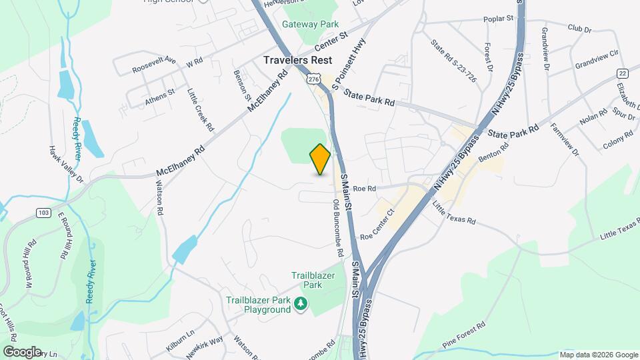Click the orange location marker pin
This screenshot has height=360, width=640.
click(x=320, y=159)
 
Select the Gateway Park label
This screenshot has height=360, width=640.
click(x=310, y=24)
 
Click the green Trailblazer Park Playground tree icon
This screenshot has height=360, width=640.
click(x=301, y=305)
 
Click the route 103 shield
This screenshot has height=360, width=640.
click(x=44, y=213)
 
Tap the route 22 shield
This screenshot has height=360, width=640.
click(x=622, y=73)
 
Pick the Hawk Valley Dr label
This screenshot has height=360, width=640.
click(x=67, y=165)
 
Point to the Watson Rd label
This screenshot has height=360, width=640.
click(x=160, y=199)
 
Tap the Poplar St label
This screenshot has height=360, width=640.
click(x=500, y=19)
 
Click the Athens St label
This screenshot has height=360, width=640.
click(x=159, y=97)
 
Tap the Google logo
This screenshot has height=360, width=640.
click(x=22, y=351)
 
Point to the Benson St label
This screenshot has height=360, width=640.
click(x=240, y=81)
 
